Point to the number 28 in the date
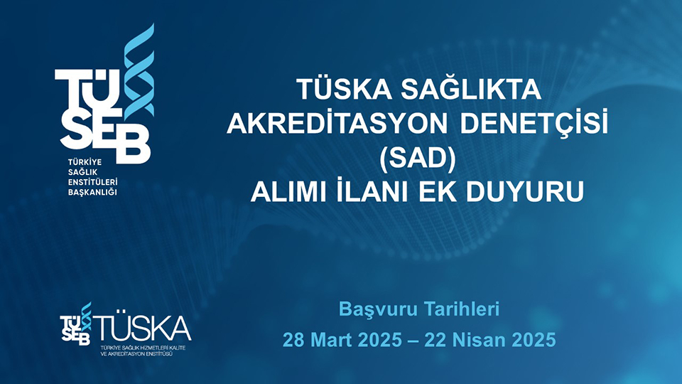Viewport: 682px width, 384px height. coord(294,339)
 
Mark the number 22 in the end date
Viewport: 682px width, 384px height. coord(435,339)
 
